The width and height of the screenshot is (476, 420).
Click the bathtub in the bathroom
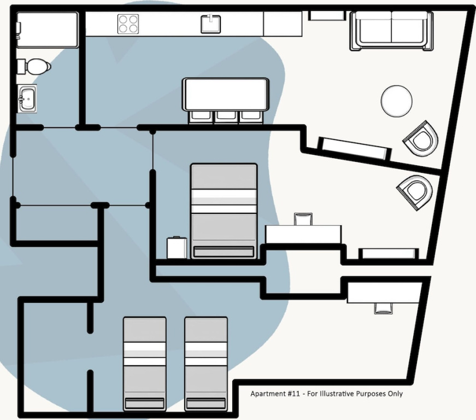click(x=48, y=30)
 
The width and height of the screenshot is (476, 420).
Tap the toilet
click(x=34, y=67)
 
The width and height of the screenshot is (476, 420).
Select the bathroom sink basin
click(x=27, y=98)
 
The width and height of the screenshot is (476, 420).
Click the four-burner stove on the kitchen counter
click(x=128, y=24)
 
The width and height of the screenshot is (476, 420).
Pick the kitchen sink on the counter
click(x=211, y=24)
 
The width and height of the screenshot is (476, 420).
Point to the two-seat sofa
click(x=391, y=31)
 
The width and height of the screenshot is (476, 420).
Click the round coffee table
click(x=396, y=101)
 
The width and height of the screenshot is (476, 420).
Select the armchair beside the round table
click(x=421, y=138)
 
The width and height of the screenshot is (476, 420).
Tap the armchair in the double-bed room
click(x=415, y=192)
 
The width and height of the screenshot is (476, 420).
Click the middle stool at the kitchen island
click(x=226, y=117)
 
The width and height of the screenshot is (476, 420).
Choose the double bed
click(x=224, y=211)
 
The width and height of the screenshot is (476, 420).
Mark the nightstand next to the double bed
click(x=177, y=248)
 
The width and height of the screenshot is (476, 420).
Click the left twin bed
click(x=144, y=364)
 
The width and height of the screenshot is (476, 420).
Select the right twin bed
click(x=206, y=364)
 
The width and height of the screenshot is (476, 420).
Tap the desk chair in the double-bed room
click(x=303, y=219)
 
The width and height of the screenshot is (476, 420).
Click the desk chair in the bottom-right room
click(x=384, y=308)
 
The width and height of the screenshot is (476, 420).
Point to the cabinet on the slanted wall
click(x=355, y=149)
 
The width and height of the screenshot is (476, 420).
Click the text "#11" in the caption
click(x=293, y=394)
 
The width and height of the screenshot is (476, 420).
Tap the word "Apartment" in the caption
click(x=267, y=394)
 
